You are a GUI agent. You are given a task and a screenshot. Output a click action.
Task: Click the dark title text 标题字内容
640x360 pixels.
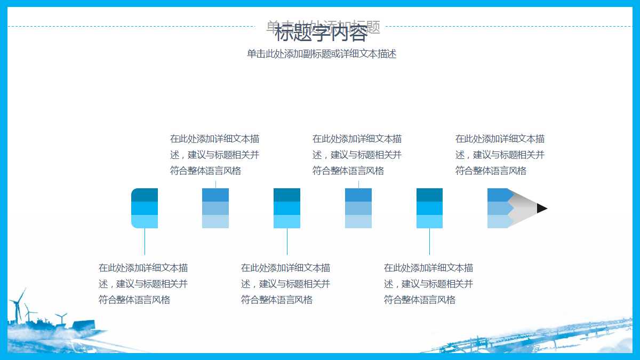pyautogui.click(x=321, y=34)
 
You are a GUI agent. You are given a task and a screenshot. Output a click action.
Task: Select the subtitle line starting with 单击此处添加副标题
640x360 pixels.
pyautogui.click(x=321, y=54)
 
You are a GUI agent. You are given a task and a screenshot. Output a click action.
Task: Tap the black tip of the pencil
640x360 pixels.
pyautogui.click(x=541, y=208)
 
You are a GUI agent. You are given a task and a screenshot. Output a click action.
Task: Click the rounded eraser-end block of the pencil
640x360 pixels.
pyautogui.click(x=145, y=208)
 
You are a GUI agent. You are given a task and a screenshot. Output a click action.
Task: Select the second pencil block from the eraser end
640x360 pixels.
pyautogui.click(x=215, y=208)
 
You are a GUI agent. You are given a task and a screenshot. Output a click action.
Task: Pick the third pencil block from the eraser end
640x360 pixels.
pyautogui.click(x=287, y=208)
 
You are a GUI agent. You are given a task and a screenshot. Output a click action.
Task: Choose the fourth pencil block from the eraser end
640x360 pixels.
pyautogui.click(x=358, y=208)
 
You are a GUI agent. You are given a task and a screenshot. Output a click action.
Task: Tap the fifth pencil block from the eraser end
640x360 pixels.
pyautogui.click(x=429, y=208)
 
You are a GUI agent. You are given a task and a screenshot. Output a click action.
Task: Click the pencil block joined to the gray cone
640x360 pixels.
pyautogui.click(x=498, y=208)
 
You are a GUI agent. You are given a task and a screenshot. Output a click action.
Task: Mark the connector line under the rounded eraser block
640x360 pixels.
pyautogui.click(x=145, y=242)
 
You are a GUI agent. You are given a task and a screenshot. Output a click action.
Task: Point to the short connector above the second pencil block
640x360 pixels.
pyautogui.click(x=215, y=184)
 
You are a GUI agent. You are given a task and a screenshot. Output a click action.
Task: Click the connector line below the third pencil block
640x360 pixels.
pyautogui.click(x=287, y=242)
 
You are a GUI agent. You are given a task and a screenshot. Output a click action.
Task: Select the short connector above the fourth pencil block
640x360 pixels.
pyautogui.click(x=358, y=184)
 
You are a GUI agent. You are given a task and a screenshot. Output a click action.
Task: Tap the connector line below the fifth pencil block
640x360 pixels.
pyautogui.click(x=429, y=242)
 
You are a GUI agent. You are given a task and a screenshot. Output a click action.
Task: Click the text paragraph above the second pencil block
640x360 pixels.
pyautogui.click(x=215, y=155)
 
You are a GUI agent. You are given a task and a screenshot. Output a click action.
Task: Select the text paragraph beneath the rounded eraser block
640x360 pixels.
pyautogui.click(x=143, y=284)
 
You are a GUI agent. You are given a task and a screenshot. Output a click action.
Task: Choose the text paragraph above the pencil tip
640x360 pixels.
pyautogui.click(x=500, y=155)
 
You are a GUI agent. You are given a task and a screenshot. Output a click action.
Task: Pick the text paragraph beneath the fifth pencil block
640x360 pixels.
pyautogui.click(x=428, y=284)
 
